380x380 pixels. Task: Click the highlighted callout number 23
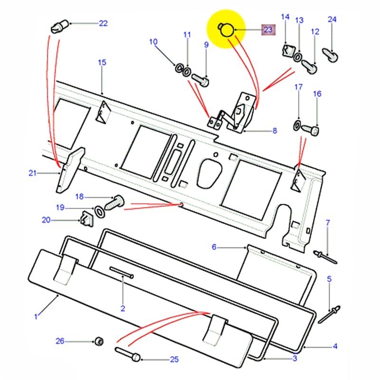tap(268, 30)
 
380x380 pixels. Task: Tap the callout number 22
tap(103, 23)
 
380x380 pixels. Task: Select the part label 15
tap(102, 62)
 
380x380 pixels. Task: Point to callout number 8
tap(275, 131)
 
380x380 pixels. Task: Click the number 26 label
tap(60, 341)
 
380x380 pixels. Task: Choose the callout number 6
tap(214, 247)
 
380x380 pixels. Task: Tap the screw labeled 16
tap(312, 129)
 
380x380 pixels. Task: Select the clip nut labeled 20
tap(85, 219)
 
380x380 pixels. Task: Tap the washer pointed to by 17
tap(296, 126)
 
